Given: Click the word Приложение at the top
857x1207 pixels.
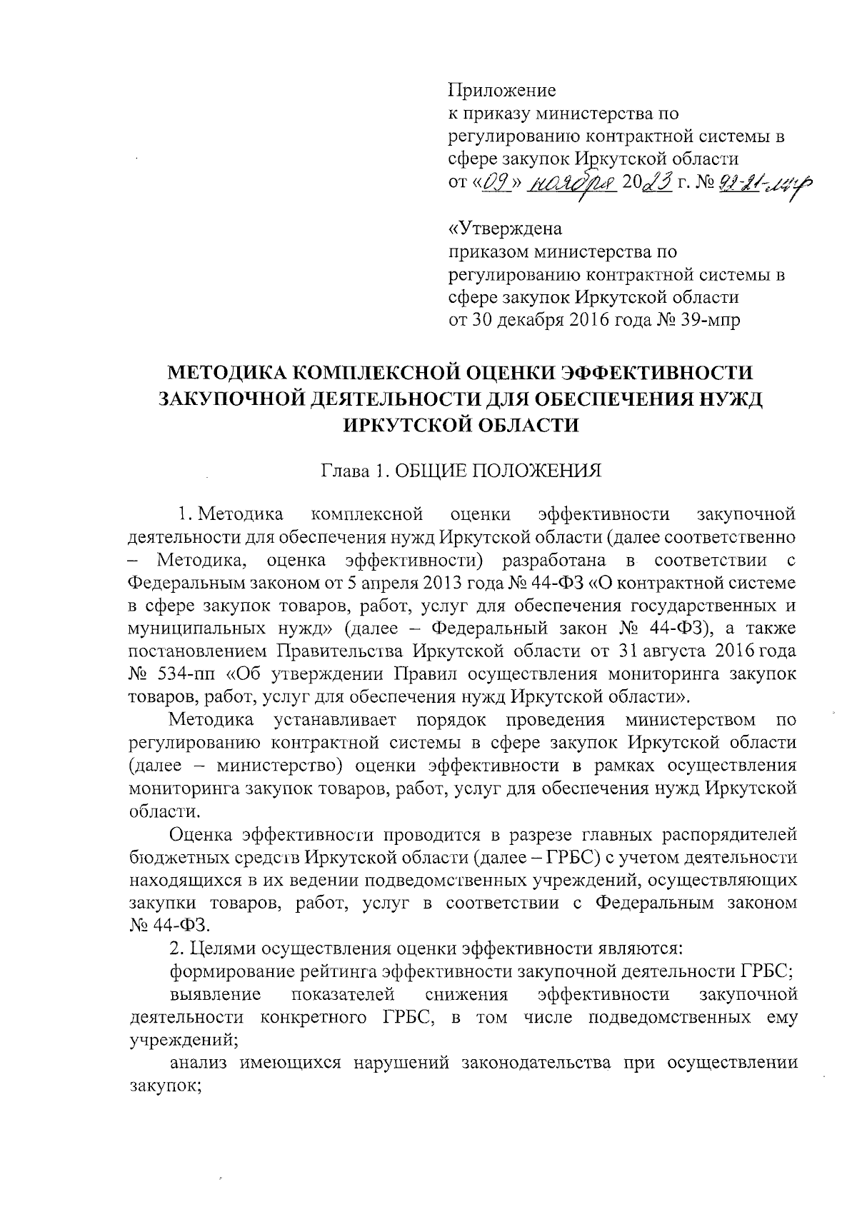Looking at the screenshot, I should (501, 91).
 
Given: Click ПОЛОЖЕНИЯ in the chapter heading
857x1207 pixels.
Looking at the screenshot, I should (536, 471).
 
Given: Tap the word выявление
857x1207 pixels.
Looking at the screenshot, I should (216, 994).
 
